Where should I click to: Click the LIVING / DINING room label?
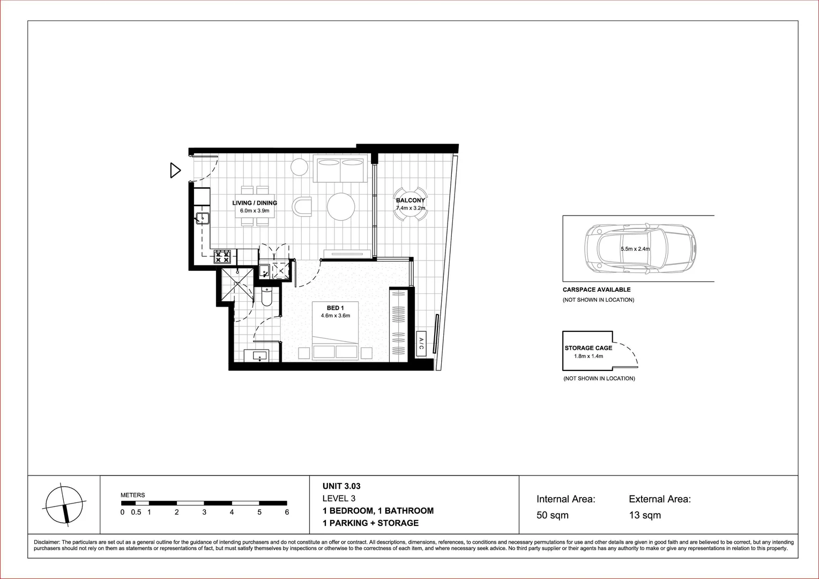(255, 203)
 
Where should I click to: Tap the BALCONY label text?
(410, 201)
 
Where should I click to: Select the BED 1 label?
(335, 308)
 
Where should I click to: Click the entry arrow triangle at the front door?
(175, 170)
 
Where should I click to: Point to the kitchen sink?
(203, 218)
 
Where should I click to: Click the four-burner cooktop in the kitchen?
(222, 257)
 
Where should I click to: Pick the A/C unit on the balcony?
(421, 344)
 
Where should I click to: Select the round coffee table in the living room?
(341, 207)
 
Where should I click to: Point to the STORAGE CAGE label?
(588, 348)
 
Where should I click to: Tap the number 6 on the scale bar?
(287, 513)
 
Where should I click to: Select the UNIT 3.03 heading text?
(341, 487)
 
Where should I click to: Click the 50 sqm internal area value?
(552, 516)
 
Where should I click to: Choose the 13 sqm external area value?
(645, 516)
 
